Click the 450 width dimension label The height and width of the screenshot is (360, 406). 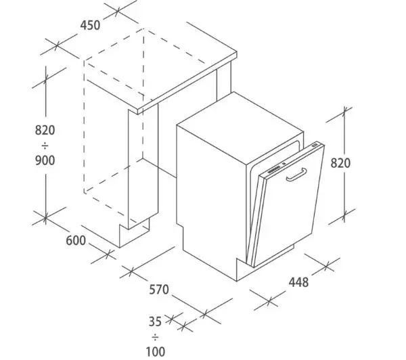tap(90, 26)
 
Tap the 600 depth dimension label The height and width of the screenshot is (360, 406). tap(76, 241)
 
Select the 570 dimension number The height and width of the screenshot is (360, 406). tap(159, 290)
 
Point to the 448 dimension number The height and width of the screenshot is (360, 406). tap(299, 282)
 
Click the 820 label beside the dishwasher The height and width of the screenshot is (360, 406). tap(340, 163)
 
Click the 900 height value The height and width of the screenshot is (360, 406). tap(45, 160)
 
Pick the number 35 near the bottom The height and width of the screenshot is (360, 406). tap(155, 321)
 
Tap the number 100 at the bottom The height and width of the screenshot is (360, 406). tap(156, 352)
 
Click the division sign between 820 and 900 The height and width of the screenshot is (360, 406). tap(45, 145)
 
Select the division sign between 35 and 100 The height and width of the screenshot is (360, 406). tap(156, 337)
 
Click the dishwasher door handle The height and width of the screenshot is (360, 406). tap(297, 175)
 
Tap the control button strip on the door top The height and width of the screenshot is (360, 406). tap(273, 170)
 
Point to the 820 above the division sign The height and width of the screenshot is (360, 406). tap(45, 130)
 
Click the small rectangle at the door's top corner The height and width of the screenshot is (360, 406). tap(315, 145)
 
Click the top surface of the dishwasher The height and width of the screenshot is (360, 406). tap(240, 127)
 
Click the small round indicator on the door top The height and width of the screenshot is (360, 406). tap(284, 164)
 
